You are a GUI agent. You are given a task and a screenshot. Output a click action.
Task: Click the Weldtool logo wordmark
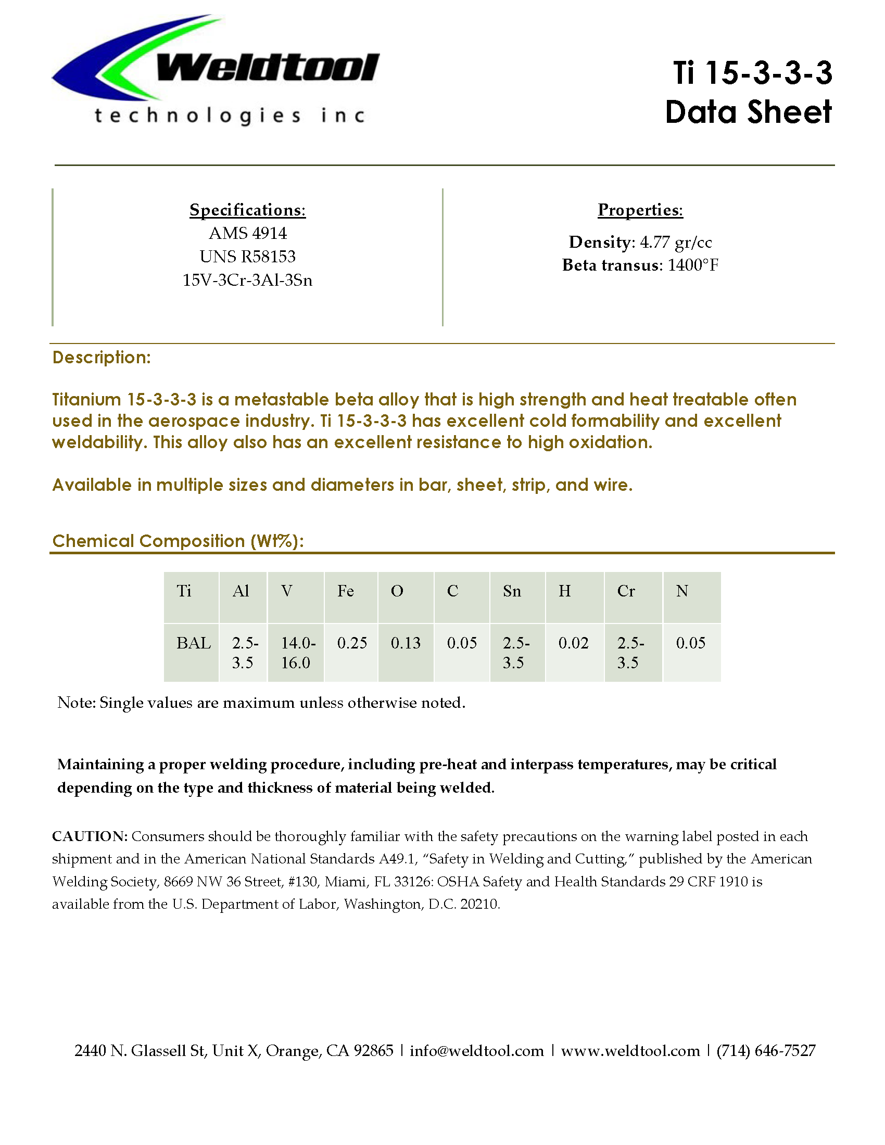[x=268, y=69]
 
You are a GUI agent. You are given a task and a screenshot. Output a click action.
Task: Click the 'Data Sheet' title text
[x=748, y=112]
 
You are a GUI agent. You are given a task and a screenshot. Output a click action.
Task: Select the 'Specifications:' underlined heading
[x=247, y=210]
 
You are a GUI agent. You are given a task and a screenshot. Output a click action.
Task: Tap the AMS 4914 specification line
[x=247, y=233]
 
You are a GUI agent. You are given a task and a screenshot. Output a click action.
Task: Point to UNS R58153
[x=247, y=257]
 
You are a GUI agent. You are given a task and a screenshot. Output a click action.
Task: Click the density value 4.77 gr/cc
[x=675, y=242]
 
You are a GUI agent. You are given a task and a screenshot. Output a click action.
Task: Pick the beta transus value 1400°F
[x=692, y=265]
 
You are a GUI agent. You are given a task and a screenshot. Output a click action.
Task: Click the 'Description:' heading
[x=102, y=358]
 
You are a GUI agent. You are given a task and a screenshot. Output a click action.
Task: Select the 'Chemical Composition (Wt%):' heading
[x=178, y=541]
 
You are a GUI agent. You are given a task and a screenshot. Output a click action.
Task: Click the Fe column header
[x=346, y=591]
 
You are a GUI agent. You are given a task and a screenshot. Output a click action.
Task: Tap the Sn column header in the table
[x=512, y=591]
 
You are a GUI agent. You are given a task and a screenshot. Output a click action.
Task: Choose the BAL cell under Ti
[x=194, y=643]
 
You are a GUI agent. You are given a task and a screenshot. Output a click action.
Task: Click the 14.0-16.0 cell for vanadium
[x=297, y=653]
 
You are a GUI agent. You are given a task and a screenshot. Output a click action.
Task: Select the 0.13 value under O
[x=405, y=643]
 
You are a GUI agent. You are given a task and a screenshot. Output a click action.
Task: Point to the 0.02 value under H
[x=573, y=643]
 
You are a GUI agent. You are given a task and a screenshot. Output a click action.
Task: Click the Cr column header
[x=626, y=591]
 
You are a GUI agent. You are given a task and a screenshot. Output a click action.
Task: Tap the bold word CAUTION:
[x=90, y=836]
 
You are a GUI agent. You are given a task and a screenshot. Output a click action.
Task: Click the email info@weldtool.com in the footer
[x=476, y=1051]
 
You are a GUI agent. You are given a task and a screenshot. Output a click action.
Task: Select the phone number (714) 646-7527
[x=766, y=1051]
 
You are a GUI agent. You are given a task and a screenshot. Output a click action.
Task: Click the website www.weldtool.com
[x=630, y=1051]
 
